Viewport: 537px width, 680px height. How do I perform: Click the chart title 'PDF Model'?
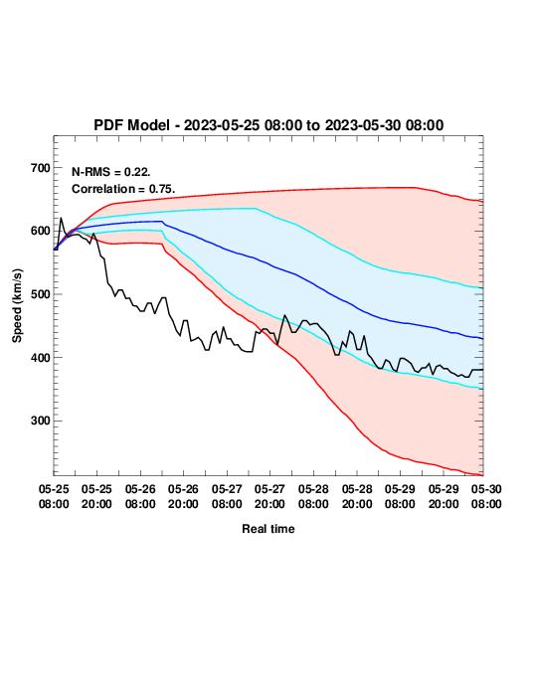coord(131,125)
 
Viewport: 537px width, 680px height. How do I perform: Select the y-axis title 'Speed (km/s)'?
coord(17,306)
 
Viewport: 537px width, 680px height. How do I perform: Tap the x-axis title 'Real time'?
coord(268,529)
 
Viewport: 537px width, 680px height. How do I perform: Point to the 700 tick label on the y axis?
coord(41,168)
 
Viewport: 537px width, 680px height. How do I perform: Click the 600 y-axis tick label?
coord(41,231)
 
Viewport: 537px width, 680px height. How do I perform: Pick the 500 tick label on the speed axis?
coord(41,294)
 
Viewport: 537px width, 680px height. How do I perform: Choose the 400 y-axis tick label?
coord(41,357)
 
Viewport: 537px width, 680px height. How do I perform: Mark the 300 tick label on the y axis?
coord(41,421)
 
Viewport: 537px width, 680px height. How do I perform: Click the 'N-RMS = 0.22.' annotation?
coord(111,172)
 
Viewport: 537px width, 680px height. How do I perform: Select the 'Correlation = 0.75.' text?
coord(123,189)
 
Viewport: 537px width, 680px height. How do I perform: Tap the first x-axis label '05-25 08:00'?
coord(54,496)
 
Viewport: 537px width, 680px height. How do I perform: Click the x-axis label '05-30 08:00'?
coord(486,496)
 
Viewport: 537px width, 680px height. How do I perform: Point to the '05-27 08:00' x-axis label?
coord(227,496)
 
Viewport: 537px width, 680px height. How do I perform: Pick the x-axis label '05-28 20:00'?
coord(357,496)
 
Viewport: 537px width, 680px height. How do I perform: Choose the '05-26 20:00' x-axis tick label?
coord(183,496)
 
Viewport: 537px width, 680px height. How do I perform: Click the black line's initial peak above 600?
coord(61,218)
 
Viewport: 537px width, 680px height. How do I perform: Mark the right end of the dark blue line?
coord(482,338)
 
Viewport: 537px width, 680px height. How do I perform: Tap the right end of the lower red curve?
coord(482,475)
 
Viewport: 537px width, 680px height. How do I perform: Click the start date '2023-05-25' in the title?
coord(222,125)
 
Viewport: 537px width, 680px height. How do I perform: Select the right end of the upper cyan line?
coord(482,288)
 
